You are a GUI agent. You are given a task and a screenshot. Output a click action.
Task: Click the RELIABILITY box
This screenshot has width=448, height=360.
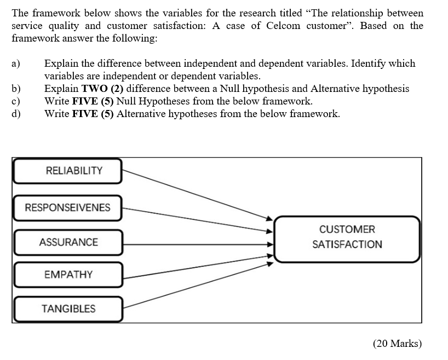coord(68,171)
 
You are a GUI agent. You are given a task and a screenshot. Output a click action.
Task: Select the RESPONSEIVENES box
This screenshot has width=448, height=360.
coord(68,207)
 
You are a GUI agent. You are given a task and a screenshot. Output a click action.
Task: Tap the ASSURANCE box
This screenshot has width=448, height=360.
coord(68,242)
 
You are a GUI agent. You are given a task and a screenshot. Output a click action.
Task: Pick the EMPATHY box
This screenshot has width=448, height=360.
coord(68,274)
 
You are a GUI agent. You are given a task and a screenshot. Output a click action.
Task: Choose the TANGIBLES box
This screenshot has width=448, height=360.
coord(68,309)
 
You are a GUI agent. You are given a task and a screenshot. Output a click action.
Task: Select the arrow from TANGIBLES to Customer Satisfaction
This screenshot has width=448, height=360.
coord(197,285)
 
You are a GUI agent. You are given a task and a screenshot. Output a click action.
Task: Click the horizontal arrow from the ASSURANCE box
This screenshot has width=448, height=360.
coord(197,242)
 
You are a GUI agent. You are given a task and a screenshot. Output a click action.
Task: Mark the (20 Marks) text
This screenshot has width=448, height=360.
coord(397,344)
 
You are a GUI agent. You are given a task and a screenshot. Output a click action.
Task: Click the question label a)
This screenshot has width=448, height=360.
coord(16,63)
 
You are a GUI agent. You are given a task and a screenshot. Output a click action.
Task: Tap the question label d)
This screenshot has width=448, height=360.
coord(16,114)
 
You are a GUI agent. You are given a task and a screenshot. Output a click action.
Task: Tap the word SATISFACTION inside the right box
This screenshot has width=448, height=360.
coord(347,245)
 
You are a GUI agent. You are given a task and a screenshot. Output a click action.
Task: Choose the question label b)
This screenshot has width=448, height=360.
coord(16,89)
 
